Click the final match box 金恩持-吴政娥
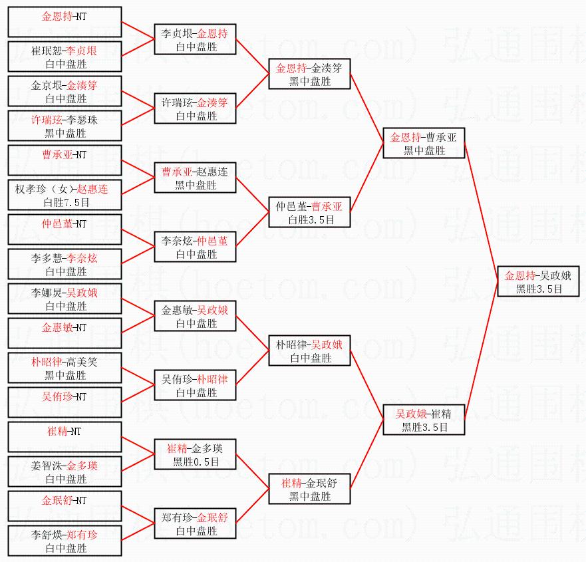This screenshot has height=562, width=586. pos(539,282)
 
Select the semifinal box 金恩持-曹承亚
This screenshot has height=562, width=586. pos(424,144)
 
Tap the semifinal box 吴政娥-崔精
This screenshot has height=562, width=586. pos(424,420)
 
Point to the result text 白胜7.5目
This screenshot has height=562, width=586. pos(65,202)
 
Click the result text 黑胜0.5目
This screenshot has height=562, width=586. pos(196,462)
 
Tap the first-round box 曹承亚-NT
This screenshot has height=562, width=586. pos(65,160)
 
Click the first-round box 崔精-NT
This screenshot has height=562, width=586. pos(65,437)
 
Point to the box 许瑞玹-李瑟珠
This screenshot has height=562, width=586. pos(65,126)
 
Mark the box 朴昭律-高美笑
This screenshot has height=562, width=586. pos(65,368)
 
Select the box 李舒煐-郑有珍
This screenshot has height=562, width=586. pos(65,541)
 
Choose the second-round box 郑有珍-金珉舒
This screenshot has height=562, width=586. pos(195,524)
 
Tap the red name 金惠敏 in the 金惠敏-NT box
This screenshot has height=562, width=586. pos(56,328)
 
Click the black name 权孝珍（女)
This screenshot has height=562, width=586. pos(43,190)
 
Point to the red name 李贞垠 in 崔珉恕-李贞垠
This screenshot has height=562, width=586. pos(82,51)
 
